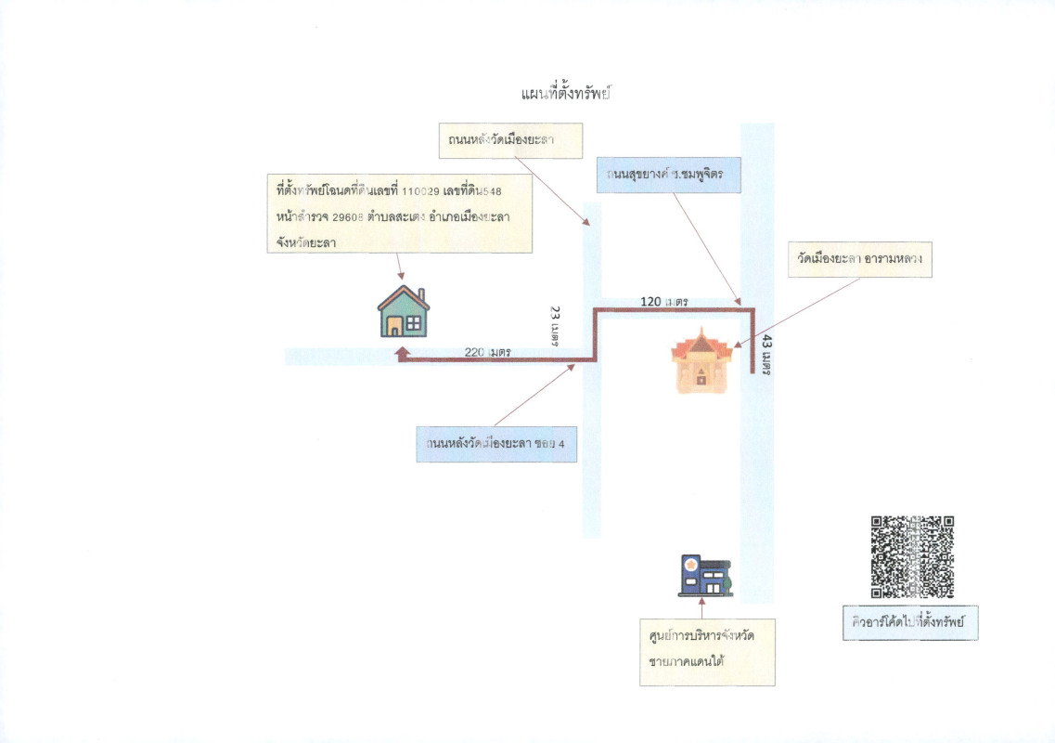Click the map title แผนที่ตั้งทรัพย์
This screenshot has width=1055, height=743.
[570, 94]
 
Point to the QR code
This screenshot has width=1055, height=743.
[912, 556]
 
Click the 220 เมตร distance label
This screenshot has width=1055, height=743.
[488, 352]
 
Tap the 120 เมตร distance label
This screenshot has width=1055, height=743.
[664, 302]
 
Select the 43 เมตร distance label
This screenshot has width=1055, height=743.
[766, 356]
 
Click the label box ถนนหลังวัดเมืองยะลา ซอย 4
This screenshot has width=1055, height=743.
[496, 444]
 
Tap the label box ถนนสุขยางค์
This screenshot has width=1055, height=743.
[668, 175]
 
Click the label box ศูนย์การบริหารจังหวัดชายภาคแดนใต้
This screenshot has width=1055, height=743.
[707, 651]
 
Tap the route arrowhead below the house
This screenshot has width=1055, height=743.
[402, 353]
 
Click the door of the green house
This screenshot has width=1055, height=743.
[394, 326]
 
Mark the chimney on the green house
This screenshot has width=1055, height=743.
[421, 296]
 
